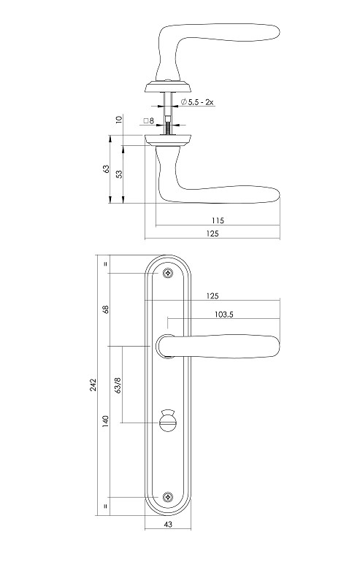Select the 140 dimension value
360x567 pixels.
click(106, 421)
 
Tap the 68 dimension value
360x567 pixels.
click(106, 309)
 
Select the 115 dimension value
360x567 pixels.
click(216, 220)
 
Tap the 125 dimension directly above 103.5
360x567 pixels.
click(212, 296)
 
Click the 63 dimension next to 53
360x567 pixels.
click(106, 169)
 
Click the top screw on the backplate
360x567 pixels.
click(168, 273)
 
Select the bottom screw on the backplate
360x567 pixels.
click(168, 496)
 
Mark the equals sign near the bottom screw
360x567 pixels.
click(106, 506)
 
